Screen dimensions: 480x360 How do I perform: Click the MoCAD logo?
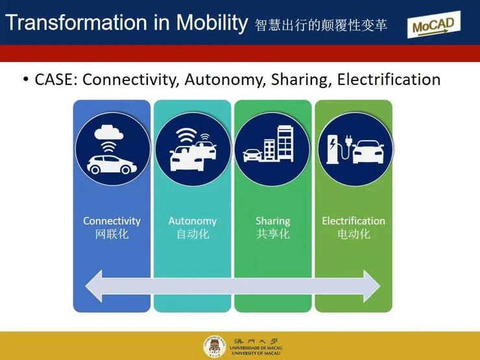434,25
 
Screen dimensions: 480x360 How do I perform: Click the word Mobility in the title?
212,23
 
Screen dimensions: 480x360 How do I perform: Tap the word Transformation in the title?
77,22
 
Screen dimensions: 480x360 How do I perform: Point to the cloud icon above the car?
109,132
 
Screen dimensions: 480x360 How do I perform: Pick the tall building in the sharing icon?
285,143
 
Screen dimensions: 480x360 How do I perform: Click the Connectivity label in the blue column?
112,221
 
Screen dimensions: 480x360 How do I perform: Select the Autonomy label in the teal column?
192,221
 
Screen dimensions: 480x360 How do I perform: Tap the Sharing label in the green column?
272,221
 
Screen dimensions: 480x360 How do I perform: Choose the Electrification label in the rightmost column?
354,221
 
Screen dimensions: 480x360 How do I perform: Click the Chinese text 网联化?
112,234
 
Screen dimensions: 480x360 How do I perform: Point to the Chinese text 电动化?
354,234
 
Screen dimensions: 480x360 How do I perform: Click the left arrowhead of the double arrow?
94,286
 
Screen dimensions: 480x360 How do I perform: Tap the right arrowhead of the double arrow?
372,286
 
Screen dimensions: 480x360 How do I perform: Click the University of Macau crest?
215,347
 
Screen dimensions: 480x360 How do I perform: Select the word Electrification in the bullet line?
389,79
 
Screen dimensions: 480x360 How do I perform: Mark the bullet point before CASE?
26,79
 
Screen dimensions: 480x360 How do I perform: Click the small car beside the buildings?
252,155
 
